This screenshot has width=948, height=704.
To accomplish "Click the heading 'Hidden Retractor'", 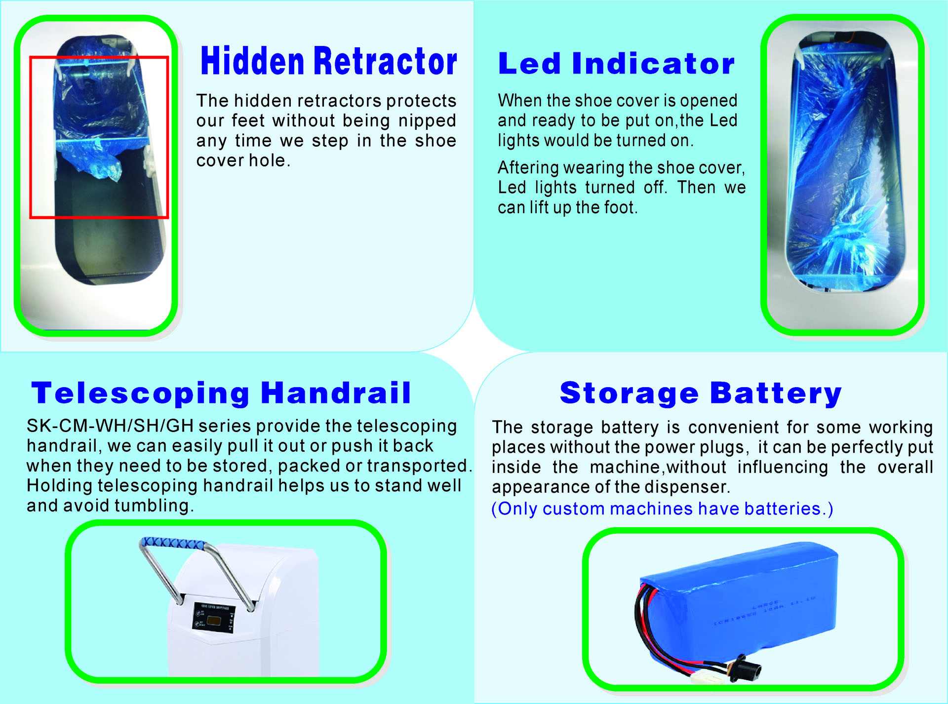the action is point(329,61).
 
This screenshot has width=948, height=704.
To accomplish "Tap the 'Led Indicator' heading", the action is point(616,64).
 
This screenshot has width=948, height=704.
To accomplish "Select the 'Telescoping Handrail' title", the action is point(221,393).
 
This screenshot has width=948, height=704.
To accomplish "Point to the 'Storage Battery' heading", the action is point(701,393).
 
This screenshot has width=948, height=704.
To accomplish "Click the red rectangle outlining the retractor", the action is point(31,137).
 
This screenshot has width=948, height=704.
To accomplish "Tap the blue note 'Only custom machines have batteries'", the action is point(662,508).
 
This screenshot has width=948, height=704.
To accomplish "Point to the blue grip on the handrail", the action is point(173,544).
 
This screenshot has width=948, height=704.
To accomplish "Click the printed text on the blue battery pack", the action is point(764,612).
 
